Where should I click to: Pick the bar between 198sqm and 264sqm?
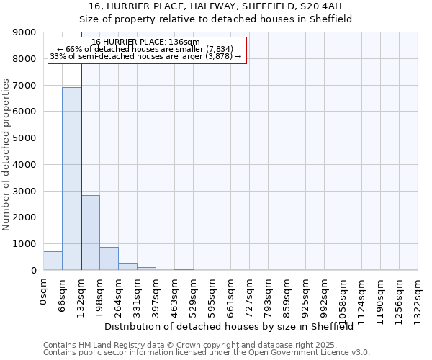click(x=109, y=258)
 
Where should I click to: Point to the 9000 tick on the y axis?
click(x=26, y=32)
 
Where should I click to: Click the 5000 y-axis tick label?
click(x=26, y=138)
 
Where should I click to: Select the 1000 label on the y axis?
click(x=26, y=244)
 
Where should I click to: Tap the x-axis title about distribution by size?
click(x=234, y=327)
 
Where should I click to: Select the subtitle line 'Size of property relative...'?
click(x=215, y=19)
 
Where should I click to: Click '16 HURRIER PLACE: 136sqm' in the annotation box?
click(x=146, y=42)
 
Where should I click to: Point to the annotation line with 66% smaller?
click(x=146, y=49)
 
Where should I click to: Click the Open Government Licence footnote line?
click(x=207, y=353)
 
